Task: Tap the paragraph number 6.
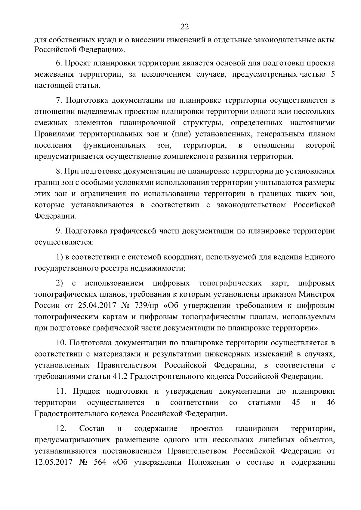pyautogui.click(x=58, y=63)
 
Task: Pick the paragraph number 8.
pyautogui.click(x=58, y=171)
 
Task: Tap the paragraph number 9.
pyautogui.click(x=58, y=231)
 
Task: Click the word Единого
pyautogui.click(x=319, y=257)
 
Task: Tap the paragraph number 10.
pyautogui.click(x=61, y=343)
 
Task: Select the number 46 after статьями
pyautogui.click(x=330, y=403)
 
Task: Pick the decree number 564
pyautogui.click(x=100, y=462)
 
